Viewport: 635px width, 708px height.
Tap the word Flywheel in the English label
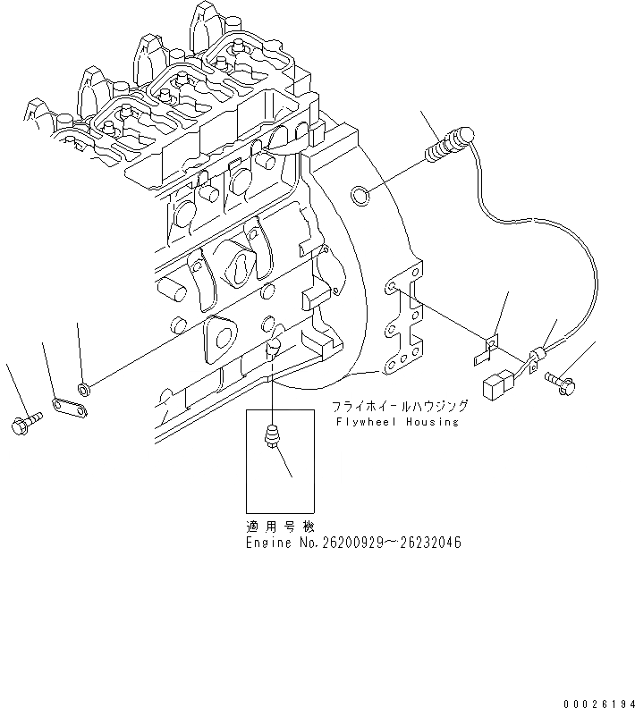[x=365, y=421]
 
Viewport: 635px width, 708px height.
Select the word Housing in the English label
[x=432, y=421]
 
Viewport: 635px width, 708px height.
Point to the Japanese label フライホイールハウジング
[x=394, y=405]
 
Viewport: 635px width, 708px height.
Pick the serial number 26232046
[x=429, y=543]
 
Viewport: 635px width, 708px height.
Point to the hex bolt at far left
[x=24, y=425]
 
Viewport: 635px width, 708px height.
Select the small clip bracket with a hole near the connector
[x=490, y=346]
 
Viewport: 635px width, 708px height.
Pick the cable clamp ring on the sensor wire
[x=538, y=358]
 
